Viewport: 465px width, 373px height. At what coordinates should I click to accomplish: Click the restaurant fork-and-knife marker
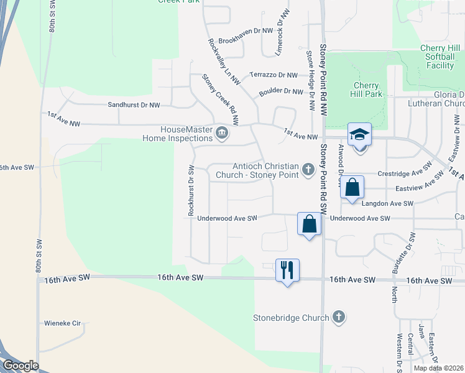[x=287, y=270]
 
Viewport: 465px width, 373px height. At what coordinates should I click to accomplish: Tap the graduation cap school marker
[x=359, y=135]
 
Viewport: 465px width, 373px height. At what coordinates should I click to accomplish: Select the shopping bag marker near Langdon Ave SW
[x=352, y=187]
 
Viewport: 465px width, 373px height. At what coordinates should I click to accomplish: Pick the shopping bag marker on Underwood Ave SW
[x=310, y=224]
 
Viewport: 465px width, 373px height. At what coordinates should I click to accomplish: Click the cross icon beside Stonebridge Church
[x=339, y=318]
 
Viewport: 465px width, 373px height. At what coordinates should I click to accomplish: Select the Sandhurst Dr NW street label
[x=134, y=106]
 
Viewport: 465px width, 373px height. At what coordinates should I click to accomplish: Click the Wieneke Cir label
[x=63, y=323]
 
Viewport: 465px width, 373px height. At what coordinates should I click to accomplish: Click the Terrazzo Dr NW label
[x=274, y=75]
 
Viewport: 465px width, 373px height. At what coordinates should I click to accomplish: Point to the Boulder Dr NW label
[x=280, y=91]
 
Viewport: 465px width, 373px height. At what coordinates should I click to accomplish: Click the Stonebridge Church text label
[x=291, y=318]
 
